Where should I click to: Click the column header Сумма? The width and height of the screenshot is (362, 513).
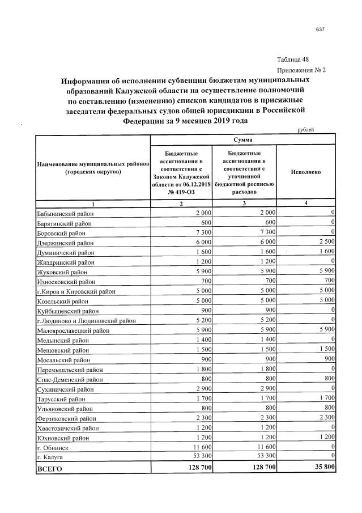pos(243,139)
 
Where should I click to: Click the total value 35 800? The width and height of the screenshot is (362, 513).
pos(321,468)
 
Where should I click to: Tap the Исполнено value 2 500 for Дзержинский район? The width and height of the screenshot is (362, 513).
pos(325,241)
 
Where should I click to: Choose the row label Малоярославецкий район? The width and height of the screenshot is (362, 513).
pos(70,330)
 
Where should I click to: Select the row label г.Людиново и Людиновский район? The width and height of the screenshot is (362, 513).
pos(86,320)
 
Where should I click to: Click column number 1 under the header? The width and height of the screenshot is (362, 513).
pos(93,203)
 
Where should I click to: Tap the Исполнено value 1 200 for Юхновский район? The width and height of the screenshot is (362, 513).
pos(325,437)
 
